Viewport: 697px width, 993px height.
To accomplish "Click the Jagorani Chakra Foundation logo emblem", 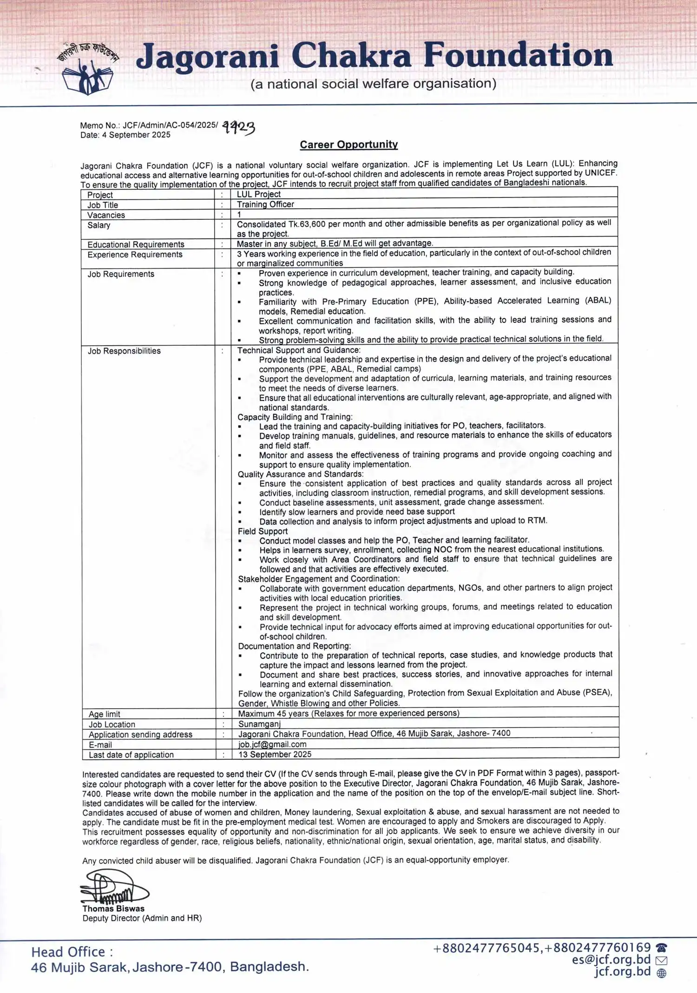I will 88,69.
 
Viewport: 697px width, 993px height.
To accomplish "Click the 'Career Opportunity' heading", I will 348,145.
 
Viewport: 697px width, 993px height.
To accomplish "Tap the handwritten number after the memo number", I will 238,127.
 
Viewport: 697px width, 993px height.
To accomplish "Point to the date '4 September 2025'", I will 136,135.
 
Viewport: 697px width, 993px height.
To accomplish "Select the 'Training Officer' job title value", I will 265,204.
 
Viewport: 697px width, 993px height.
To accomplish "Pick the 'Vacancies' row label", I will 106,215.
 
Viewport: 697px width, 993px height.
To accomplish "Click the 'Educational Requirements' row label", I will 136,244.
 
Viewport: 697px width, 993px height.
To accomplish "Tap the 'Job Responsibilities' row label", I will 124,351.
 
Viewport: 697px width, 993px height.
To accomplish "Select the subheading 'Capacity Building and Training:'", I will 295,417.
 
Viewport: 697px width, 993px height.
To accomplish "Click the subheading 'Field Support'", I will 263,531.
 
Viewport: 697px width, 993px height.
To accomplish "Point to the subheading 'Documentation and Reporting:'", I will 295,646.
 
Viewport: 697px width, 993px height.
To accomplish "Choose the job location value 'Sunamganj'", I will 259,724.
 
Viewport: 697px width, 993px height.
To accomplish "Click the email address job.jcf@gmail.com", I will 272,744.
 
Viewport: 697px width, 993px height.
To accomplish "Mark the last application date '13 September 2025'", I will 275,755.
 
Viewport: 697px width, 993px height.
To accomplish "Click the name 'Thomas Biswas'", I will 113,908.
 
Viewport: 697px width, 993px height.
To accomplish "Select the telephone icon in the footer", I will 661,948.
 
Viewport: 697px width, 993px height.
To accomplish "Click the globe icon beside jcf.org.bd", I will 662,973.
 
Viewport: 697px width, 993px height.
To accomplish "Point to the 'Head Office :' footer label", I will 72,952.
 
